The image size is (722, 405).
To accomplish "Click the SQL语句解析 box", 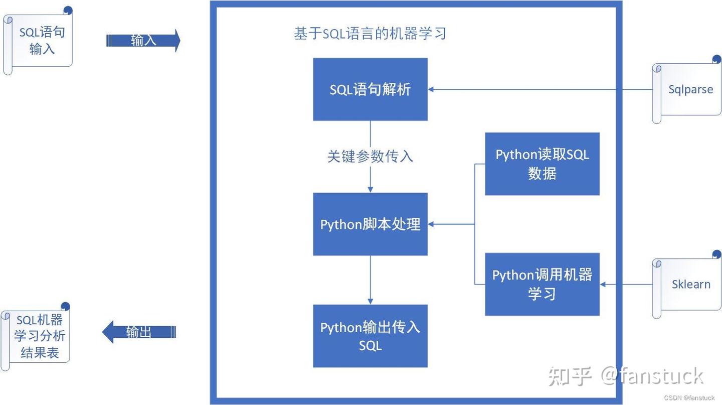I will pyautogui.click(x=370, y=89).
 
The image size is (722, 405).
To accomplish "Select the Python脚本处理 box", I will pyautogui.click(x=370, y=224).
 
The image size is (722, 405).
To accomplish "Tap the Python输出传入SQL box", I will pyautogui.click(x=370, y=336).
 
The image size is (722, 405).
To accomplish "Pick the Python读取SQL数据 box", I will pyautogui.click(x=542, y=164).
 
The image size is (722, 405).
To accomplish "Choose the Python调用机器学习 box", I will pyautogui.click(x=542, y=284).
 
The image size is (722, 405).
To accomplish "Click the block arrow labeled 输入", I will pyautogui.click(x=143, y=41).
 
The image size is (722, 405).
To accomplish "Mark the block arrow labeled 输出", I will pyautogui.click(x=139, y=332).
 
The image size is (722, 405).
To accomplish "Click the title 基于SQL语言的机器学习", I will pyautogui.click(x=370, y=34).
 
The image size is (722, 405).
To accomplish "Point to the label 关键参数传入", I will pyautogui.click(x=370, y=157).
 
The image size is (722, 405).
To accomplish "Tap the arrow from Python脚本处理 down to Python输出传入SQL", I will pyautogui.click(x=370, y=279).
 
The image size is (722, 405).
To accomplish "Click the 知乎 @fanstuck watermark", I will pyautogui.click(x=625, y=375).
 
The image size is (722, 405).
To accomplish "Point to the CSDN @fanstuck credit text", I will pyautogui.click(x=689, y=397).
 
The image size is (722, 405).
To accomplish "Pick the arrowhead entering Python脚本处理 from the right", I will pyautogui.click(x=431, y=224).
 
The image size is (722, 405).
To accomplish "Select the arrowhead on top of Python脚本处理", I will pyautogui.click(x=370, y=189).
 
